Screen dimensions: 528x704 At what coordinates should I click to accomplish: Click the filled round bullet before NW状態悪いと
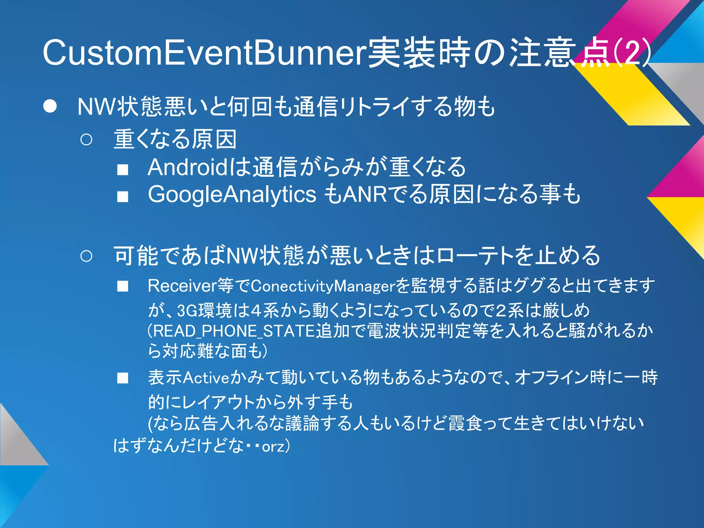50,107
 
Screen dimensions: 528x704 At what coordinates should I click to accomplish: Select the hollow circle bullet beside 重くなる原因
86,140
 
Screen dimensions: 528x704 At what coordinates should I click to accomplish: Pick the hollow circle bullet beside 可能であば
86,256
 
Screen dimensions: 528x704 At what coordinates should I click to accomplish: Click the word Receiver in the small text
182,286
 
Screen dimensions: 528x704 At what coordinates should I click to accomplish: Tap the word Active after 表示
206,378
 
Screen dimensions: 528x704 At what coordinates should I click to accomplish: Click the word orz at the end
273,447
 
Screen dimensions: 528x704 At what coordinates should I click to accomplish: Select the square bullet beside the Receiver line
122,286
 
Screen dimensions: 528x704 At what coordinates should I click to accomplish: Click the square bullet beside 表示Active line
122,378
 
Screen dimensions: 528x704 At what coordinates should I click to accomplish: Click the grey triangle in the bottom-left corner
17,443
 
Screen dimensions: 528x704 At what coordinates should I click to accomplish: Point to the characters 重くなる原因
175,140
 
